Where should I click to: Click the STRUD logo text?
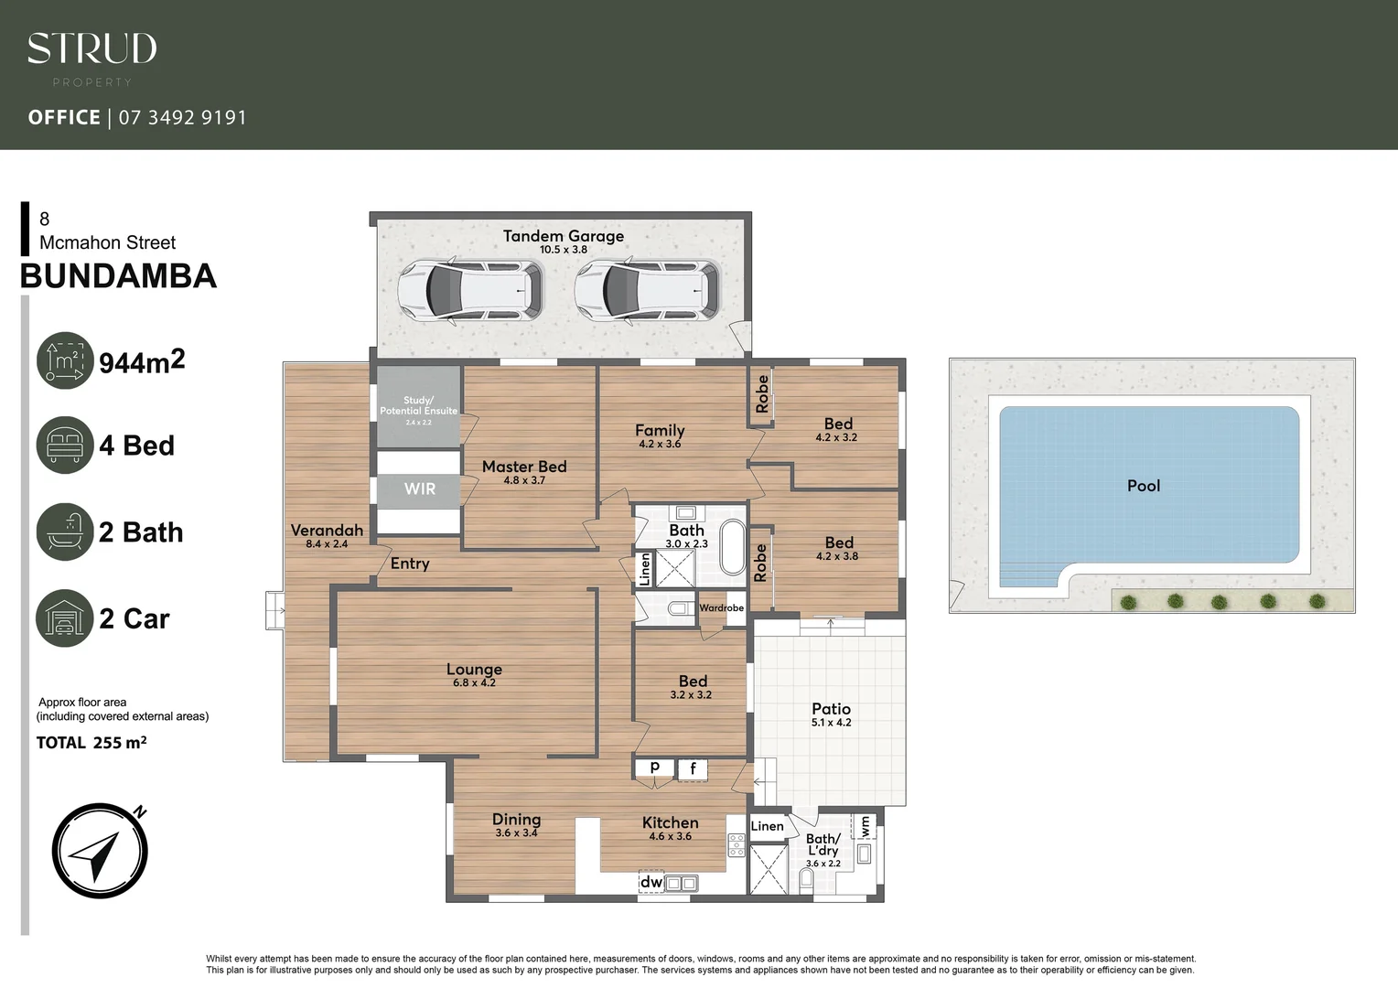pyautogui.click(x=91, y=49)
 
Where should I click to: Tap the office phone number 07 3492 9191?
pyautogui.click(x=183, y=117)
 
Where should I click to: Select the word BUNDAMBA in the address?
pyautogui.click(x=118, y=276)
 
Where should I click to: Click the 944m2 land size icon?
pyautogui.click(x=65, y=360)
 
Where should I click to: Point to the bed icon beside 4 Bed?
pyautogui.click(x=65, y=446)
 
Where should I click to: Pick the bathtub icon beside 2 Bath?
pyautogui.click(x=65, y=532)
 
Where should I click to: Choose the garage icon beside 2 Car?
pyautogui.click(x=65, y=618)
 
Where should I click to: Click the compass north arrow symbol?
pyautogui.click(x=100, y=851)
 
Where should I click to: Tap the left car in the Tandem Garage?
pyautogui.click(x=470, y=290)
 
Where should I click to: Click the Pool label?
pyautogui.click(x=1143, y=486)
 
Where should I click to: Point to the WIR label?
pyautogui.click(x=420, y=489)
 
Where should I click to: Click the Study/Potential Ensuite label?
pyautogui.click(x=418, y=406)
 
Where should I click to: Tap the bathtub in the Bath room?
pyautogui.click(x=733, y=547)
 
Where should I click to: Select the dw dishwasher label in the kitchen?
pyautogui.click(x=651, y=883)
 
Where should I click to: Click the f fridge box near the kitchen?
pyautogui.click(x=693, y=769)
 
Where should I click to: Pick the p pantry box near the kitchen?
pyautogui.click(x=655, y=768)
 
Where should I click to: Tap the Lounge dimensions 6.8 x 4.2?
pyautogui.click(x=474, y=682)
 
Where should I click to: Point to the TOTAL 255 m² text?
pyautogui.click(x=91, y=743)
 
